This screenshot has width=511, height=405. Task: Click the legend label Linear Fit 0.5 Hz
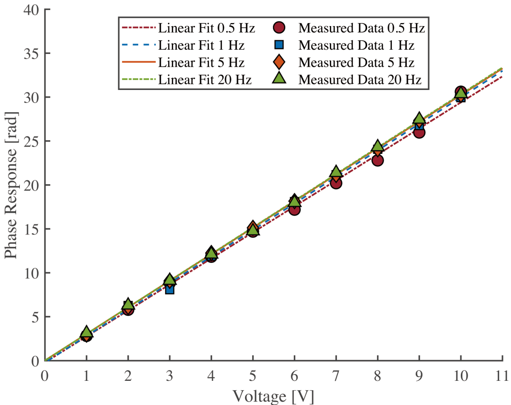coord(207,28)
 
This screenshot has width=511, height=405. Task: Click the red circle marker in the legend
coord(279,28)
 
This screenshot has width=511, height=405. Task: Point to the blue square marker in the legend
coord(279,45)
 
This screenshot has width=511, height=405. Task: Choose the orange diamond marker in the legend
coord(279,62)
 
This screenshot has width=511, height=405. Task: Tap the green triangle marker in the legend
coord(279,79)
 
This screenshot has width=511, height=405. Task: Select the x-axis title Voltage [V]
coord(273,395)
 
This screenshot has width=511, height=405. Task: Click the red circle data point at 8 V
coord(378,160)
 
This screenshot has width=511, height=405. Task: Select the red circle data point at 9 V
coord(419,132)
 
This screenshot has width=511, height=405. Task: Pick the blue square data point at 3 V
coord(169,289)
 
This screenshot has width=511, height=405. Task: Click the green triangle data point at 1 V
coord(86,333)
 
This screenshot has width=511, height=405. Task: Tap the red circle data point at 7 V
coord(336,183)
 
